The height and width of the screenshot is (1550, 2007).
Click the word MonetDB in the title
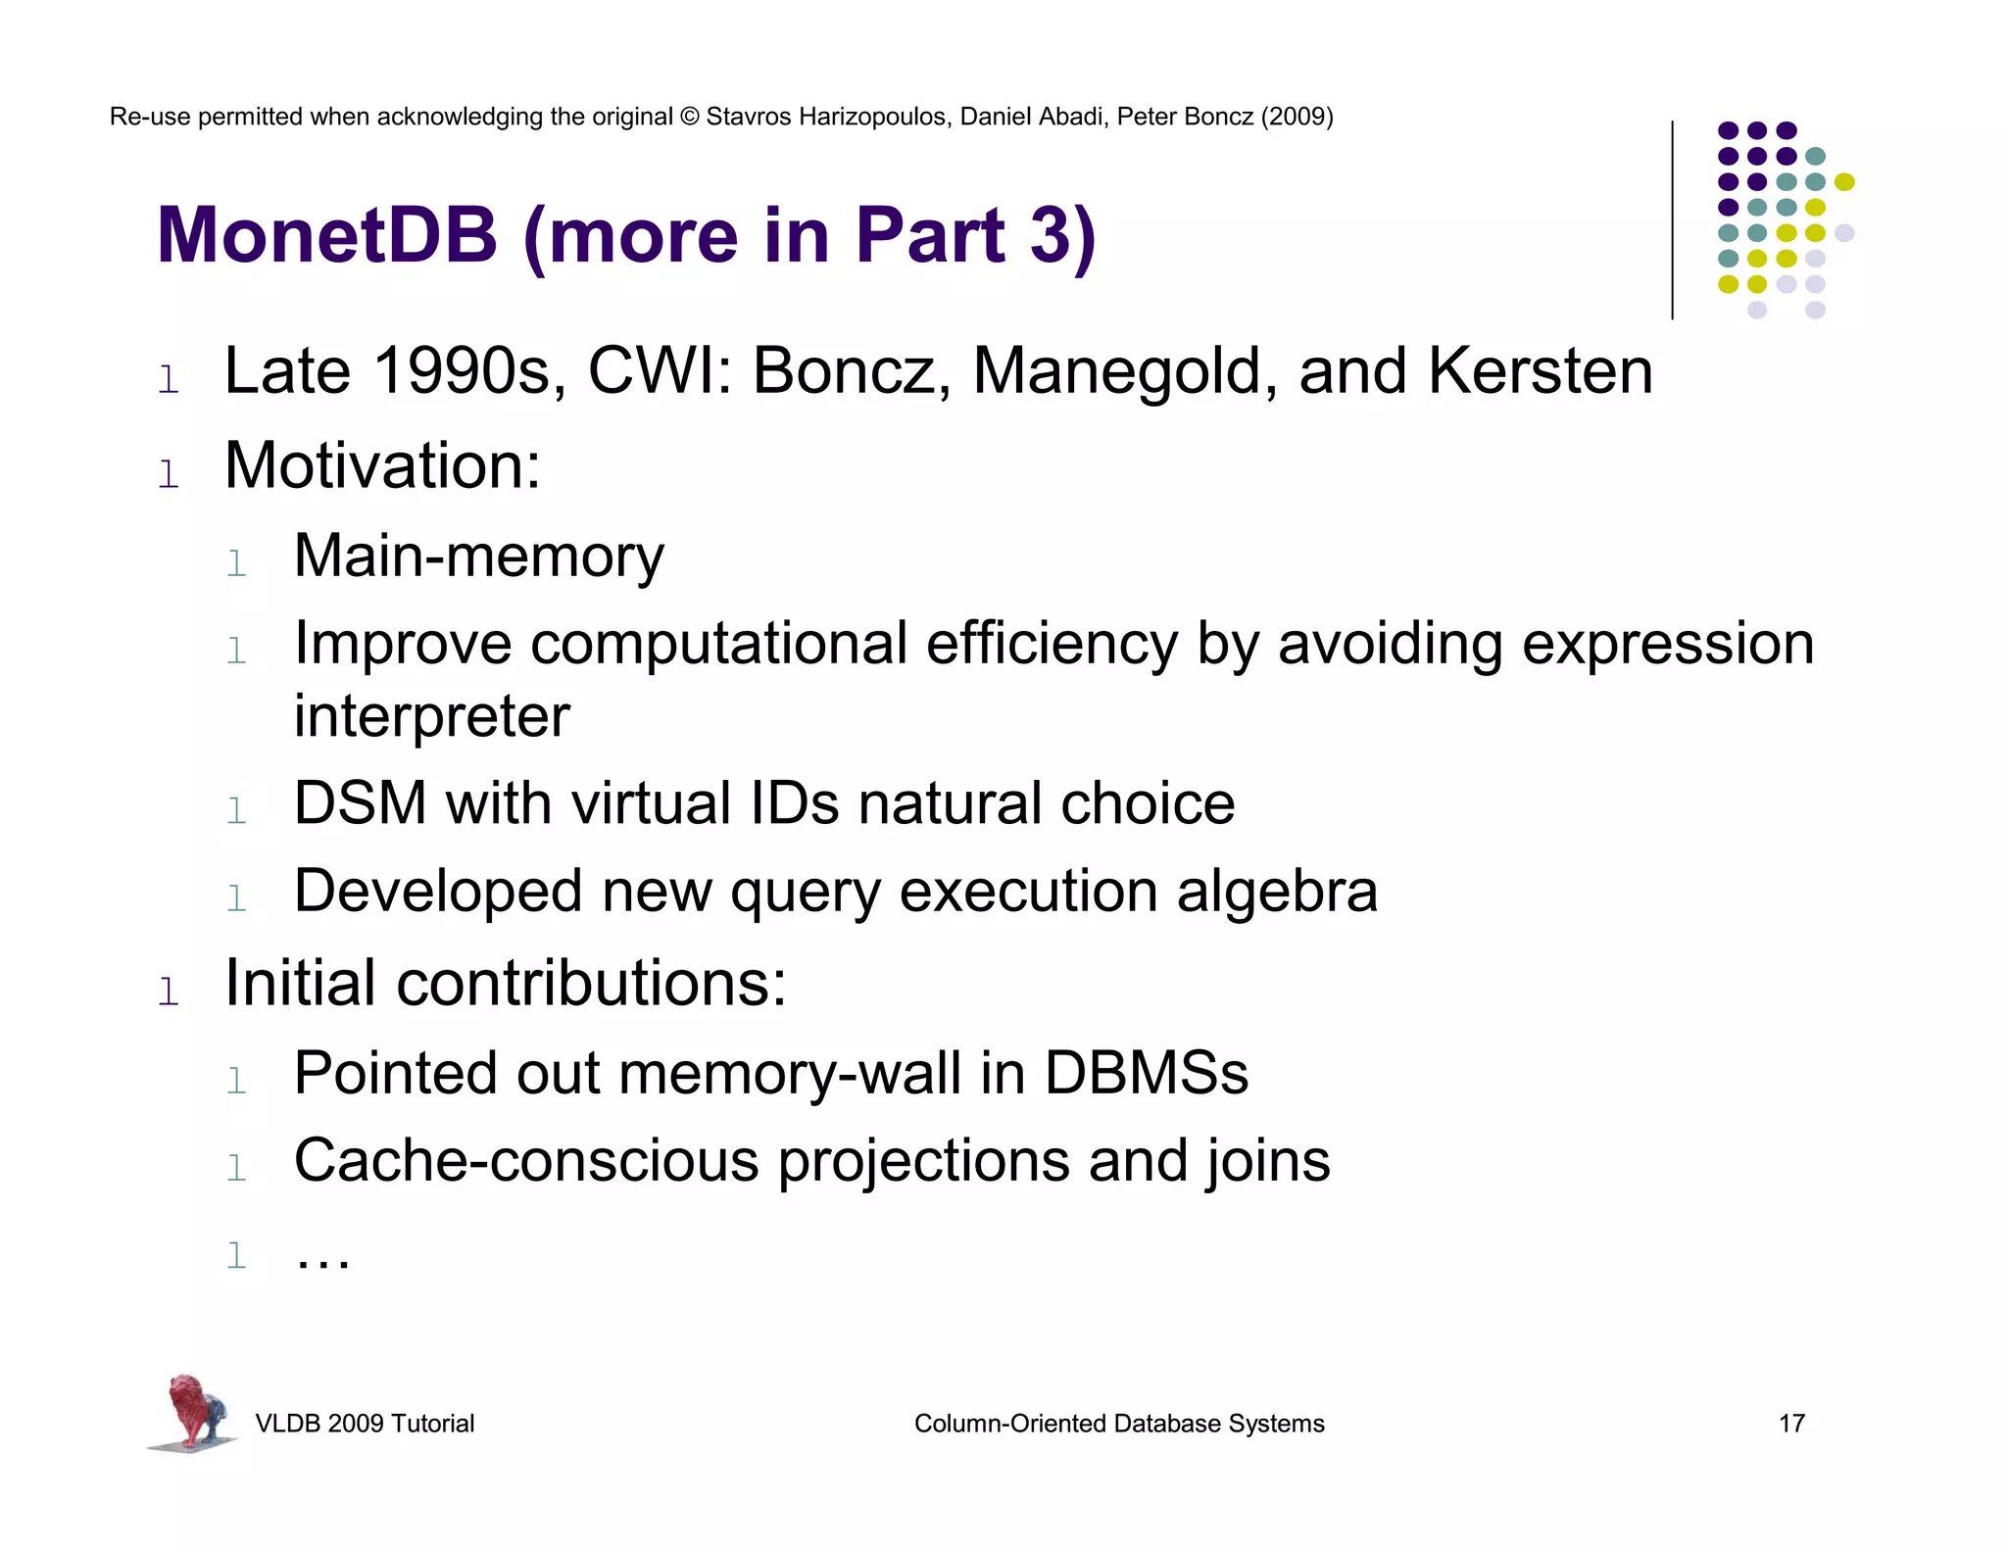pos(327,236)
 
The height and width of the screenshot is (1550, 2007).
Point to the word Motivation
pos(382,465)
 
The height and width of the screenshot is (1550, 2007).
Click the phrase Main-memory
pos(478,557)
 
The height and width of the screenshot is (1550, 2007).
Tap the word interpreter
pos(431,716)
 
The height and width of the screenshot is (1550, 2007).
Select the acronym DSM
pos(360,804)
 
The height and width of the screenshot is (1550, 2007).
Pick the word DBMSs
pos(1146,1073)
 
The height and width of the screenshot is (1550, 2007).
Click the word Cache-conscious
pos(526,1161)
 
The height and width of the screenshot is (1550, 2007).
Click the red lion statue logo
pos(193,1412)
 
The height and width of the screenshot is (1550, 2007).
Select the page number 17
pos(1791,1424)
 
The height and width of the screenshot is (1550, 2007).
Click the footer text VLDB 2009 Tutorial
pos(365,1424)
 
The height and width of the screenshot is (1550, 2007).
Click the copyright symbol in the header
pos(689,118)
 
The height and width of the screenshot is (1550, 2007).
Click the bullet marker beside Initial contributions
pos(169,991)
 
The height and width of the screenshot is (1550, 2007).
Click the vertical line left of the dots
pos(1672,220)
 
